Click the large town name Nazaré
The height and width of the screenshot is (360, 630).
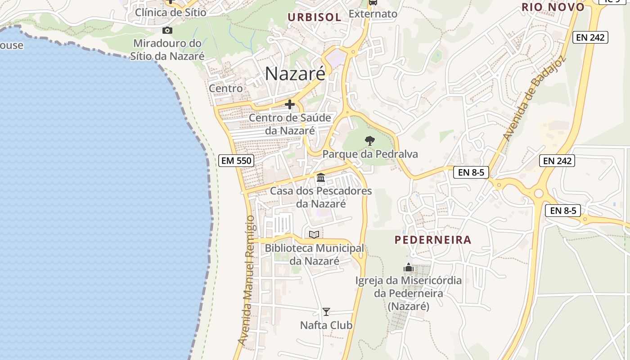click(295, 73)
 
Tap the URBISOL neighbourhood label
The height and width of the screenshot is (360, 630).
click(315, 18)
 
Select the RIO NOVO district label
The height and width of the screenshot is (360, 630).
click(553, 7)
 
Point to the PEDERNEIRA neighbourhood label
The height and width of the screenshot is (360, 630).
click(433, 240)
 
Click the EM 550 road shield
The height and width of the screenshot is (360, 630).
click(236, 160)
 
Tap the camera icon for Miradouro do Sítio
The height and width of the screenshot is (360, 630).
click(167, 31)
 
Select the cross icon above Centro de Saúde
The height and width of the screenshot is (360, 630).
click(290, 105)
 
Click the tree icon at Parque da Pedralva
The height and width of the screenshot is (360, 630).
click(369, 141)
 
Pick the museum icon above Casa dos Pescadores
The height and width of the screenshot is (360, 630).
click(321, 178)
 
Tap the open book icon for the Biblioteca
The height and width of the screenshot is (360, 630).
click(314, 234)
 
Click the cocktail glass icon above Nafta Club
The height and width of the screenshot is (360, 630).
click(326, 311)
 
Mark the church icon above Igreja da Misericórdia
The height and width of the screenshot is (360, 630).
click(409, 268)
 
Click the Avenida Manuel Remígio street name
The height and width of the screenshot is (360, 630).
click(247, 281)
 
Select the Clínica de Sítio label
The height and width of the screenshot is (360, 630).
click(171, 12)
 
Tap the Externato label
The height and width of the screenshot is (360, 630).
click(373, 14)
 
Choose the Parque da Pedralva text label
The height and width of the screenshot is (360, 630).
click(370, 154)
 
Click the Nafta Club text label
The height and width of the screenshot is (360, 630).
click(326, 325)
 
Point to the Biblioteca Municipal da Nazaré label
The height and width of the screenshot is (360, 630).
click(314, 254)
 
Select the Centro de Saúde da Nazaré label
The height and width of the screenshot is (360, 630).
click(290, 124)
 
